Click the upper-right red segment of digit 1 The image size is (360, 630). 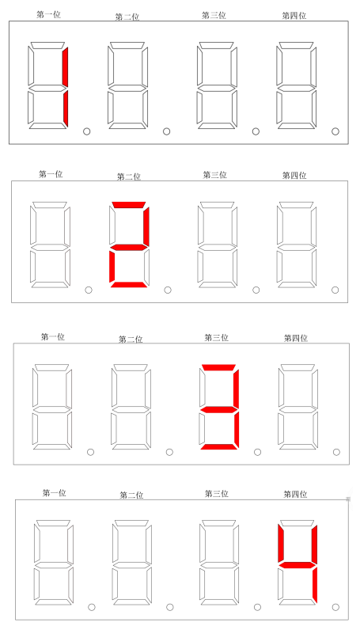(x=65, y=66)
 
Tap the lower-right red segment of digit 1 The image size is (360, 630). (x=66, y=108)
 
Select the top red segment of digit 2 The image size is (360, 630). (x=128, y=204)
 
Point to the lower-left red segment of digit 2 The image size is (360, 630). (x=112, y=265)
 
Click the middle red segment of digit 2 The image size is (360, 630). (x=128, y=247)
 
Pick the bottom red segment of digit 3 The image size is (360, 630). (x=218, y=447)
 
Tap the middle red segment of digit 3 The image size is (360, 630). (x=218, y=409)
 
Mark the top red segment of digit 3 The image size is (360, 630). (x=218, y=367)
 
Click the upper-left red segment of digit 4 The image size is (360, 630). (x=281, y=543)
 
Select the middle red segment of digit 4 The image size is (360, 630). (x=297, y=565)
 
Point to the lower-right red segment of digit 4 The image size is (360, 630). (x=314, y=585)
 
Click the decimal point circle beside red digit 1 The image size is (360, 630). (x=86, y=131)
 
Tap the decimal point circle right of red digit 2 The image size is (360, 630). (x=168, y=290)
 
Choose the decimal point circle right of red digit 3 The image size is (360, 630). (x=258, y=452)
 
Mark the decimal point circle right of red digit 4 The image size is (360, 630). (x=335, y=607)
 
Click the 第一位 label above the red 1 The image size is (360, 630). (x=48, y=15)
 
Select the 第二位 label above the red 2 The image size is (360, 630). (x=129, y=176)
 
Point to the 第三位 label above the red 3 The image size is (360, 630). (x=216, y=338)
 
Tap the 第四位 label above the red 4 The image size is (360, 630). (x=295, y=494)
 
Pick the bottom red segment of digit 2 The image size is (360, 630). (x=128, y=285)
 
